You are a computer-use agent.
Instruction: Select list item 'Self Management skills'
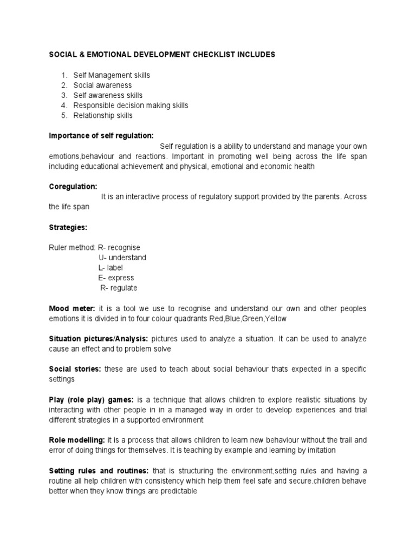(112, 75)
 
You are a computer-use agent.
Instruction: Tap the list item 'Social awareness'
(102, 85)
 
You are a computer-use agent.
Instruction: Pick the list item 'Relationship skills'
(103, 115)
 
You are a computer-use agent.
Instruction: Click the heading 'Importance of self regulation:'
(101, 135)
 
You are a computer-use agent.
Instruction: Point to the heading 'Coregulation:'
(73, 187)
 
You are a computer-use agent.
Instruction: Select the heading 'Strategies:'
(68, 227)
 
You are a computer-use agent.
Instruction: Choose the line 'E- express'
(116, 278)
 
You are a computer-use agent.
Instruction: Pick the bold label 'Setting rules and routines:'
(99, 471)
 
